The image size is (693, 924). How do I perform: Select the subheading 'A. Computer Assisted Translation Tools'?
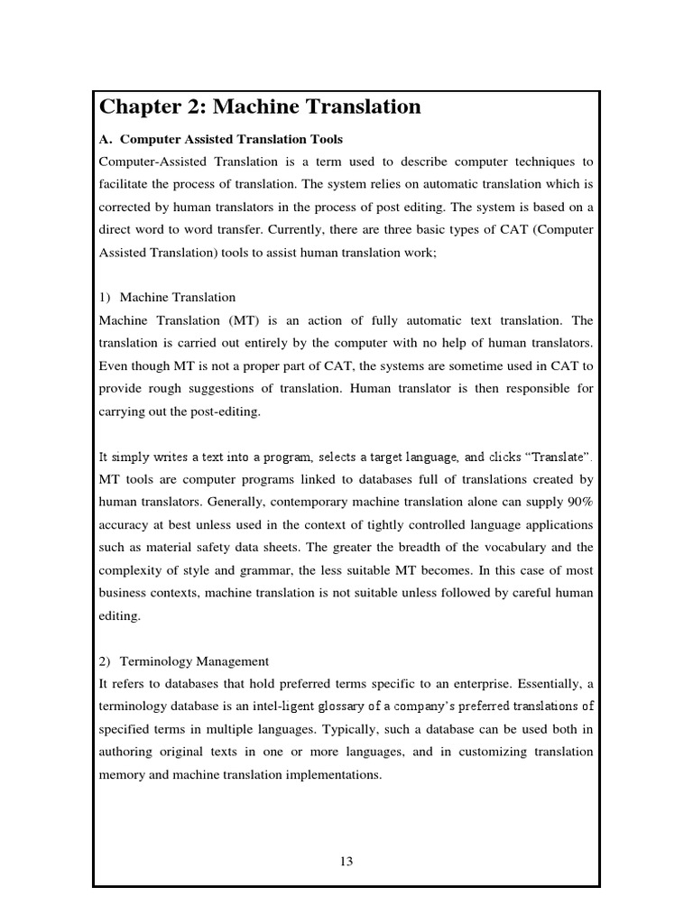click(x=220, y=140)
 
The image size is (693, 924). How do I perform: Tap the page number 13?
click(x=346, y=861)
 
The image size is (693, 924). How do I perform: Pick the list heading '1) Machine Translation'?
click(x=168, y=297)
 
